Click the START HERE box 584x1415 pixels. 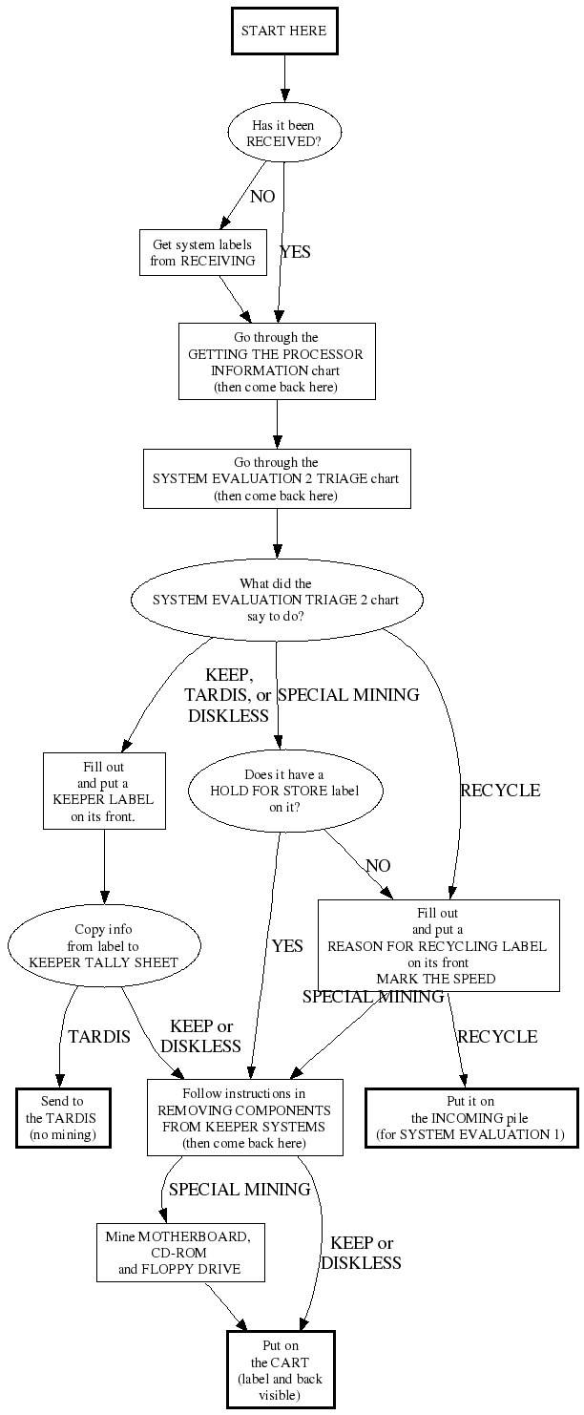(283, 31)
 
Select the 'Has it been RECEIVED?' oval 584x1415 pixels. (283, 133)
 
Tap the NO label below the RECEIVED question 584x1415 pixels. (262, 197)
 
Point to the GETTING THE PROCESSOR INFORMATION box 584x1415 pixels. (277, 361)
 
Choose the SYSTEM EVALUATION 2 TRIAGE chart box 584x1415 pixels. (277, 478)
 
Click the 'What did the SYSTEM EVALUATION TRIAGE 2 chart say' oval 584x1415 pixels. (277, 600)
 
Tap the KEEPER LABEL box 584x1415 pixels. (103, 791)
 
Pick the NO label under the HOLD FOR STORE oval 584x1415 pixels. (378, 866)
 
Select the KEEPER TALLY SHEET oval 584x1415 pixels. (104, 945)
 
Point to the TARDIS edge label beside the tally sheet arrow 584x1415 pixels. (99, 1037)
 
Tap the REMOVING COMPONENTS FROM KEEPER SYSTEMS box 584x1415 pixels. (244, 1117)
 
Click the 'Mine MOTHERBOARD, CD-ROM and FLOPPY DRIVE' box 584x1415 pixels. (179, 1253)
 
